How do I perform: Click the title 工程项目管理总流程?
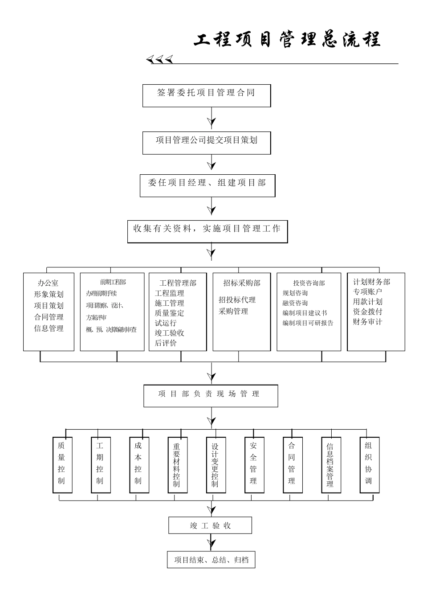pyautogui.click(x=287, y=40)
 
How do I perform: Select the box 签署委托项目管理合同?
pyautogui.click(x=206, y=95)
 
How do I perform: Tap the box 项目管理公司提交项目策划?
pyautogui.click(x=206, y=143)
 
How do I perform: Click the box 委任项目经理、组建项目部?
pyautogui.click(x=207, y=185)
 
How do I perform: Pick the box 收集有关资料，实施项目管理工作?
pyautogui.click(x=207, y=231)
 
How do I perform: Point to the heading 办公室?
pyautogui.click(x=48, y=283)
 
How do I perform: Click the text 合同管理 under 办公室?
pyautogui.click(x=49, y=317)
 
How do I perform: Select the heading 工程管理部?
pyautogui.click(x=178, y=283)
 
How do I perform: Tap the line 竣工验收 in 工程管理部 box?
pyautogui.click(x=170, y=333)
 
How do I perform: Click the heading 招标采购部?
pyautogui.click(x=242, y=283)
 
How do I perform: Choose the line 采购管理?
pyautogui.click(x=233, y=311)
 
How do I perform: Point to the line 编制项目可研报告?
pyautogui.click(x=308, y=323)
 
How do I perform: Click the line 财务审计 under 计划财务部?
pyautogui.click(x=367, y=321)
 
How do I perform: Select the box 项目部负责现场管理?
pyautogui.click(x=210, y=396)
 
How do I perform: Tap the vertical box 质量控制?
pyautogui.click(x=62, y=465)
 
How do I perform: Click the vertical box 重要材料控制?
pyautogui.click(x=177, y=465)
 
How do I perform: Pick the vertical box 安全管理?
pyautogui.click(x=254, y=465)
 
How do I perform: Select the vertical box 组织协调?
pyautogui.click(x=369, y=465)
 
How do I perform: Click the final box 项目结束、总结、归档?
pyautogui.click(x=211, y=560)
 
